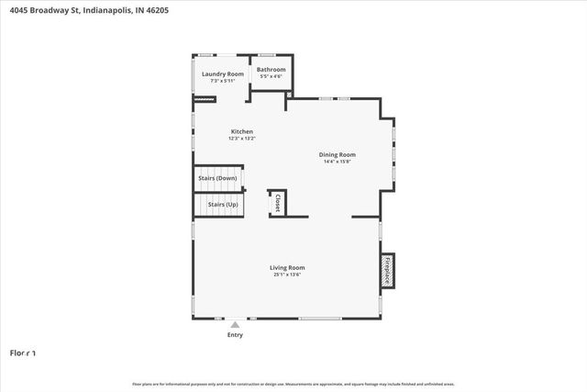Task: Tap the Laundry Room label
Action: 223,73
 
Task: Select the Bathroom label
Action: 271,70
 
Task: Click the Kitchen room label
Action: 242,132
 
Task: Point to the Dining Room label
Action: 337,155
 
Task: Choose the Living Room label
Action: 287,267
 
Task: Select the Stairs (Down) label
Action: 218,178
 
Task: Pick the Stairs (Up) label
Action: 218,204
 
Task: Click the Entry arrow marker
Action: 236,324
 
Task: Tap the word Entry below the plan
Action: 236,334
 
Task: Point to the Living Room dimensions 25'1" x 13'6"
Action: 287,274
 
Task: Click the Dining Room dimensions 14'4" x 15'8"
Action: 337,162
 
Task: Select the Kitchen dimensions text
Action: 242,140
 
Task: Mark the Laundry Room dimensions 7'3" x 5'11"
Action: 223,81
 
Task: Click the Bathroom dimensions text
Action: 271,77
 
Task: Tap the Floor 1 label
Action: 23,353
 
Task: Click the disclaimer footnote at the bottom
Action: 293,384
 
